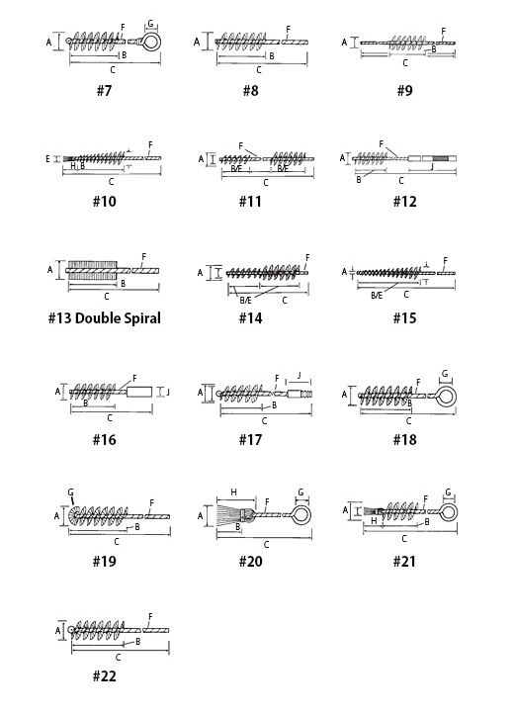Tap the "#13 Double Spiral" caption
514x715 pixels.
[x=105, y=317]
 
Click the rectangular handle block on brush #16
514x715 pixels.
[x=138, y=392]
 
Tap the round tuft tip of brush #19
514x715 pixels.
[x=73, y=516]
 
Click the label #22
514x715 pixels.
[x=105, y=675]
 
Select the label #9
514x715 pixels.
[x=404, y=91]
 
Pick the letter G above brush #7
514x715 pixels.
[x=150, y=24]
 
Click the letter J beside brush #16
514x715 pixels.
[x=168, y=392]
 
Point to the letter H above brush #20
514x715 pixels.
[x=233, y=492]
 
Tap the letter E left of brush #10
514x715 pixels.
[x=47, y=159]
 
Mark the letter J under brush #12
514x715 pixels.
[x=432, y=167]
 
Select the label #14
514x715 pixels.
[x=250, y=317]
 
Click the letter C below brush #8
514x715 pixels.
[x=259, y=70]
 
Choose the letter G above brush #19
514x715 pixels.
[x=70, y=492]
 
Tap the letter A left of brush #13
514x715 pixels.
[x=50, y=270]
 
